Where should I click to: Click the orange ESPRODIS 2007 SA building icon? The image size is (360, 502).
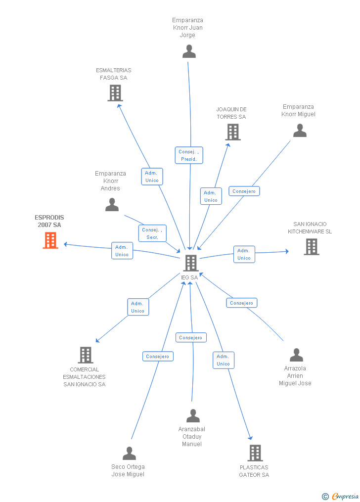click(x=50, y=240)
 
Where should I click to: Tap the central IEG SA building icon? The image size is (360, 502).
click(x=190, y=263)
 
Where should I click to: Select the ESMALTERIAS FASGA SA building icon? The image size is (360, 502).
click(x=115, y=93)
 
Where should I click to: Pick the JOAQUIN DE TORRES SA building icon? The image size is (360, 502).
click(x=233, y=132)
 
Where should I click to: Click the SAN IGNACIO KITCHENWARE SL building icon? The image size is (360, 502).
click(x=311, y=247)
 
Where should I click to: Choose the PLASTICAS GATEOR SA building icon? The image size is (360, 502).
click(x=255, y=453)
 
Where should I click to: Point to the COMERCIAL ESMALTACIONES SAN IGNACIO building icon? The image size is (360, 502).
click(x=86, y=355)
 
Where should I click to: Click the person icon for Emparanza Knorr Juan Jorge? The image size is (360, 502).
click(x=189, y=51)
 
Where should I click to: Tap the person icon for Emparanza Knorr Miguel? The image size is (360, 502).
click(x=300, y=131)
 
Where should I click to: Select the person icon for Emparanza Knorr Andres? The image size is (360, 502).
click(x=112, y=205)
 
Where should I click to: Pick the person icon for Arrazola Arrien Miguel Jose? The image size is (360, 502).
click(x=296, y=355)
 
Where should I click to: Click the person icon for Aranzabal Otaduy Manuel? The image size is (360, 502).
click(x=193, y=416)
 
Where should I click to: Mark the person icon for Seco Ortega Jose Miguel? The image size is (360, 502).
click(x=129, y=453)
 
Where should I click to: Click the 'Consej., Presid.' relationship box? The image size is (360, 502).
click(x=189, y=155)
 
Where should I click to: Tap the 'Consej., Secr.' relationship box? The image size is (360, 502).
click(x=152, y=233)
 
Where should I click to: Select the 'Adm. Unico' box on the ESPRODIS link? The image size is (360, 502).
click(x=122, y=251)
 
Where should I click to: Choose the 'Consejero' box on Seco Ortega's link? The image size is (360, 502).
click(x=158, y=356)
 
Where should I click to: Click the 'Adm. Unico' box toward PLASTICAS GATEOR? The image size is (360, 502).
click(x=224, y=360)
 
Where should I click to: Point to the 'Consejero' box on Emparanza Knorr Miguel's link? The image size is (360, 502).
click(x=244, y=191)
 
